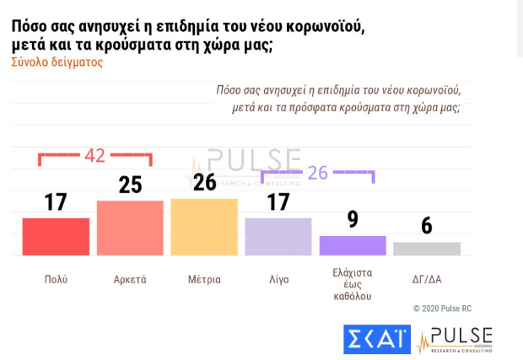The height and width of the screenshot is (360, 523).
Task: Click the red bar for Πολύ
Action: pyautogui.click(x=56, y=236)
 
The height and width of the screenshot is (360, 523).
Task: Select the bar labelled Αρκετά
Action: pyautogui.click(x=130, y=228)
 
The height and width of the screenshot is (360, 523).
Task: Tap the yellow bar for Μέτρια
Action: pyautogui.click(x=204, y=227)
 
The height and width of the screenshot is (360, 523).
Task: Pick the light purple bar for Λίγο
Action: pyautogui.click(x=278, y=236)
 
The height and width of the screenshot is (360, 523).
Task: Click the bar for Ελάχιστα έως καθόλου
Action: pyautogui.click(x=353, y=245)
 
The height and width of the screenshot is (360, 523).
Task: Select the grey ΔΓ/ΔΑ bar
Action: pyautogui.click(x=427, y=249)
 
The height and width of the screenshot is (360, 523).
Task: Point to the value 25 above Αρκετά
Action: pyautogui.click(x=130, y=185)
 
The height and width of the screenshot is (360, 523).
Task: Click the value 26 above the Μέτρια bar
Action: pyautogui.click(x=204, y=183)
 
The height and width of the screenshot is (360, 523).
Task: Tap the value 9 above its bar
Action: pyautogui.click(x=353, y=220)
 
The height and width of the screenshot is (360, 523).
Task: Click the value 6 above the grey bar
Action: pyautogui.click(x=427, y=226)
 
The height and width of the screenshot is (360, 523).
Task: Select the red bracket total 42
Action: pyautogui.click(x=94, y=155)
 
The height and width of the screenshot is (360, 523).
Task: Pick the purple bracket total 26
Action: pyautogui.click(x=317, y=172)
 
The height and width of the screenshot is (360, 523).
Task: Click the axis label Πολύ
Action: pyautogui.click(x=56, y=279)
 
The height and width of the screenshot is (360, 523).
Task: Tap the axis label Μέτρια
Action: pyautogui.click(x=204, y=279)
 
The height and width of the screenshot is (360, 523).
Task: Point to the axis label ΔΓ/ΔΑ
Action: pyautogui.click(x=427, y=279)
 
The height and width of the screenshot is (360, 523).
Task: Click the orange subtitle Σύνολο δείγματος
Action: pyautogui.click(x=57, y=62)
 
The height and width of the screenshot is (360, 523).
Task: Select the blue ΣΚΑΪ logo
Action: pyautogui.click(x=376, y=340)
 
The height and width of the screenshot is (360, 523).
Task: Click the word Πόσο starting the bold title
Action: pyautogui.click(x=30, y=26)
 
